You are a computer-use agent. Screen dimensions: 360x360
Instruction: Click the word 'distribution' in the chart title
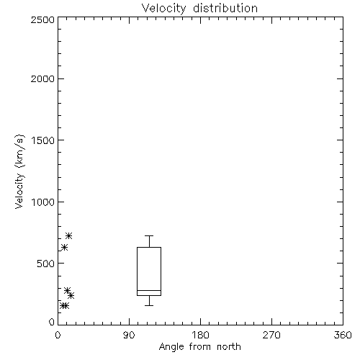(x=225, y=8)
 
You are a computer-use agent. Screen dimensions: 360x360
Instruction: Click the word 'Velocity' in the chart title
(x=164, y=9)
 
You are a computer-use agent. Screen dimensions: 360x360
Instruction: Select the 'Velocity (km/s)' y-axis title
(x=19, y=171)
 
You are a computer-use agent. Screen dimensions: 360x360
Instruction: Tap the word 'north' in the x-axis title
(x=229, y=346)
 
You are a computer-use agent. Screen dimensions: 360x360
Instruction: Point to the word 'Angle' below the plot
(x=171, y=347)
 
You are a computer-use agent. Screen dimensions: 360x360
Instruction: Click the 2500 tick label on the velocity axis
(x=42, y=19)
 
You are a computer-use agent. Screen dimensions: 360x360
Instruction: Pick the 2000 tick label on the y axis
(x=42, y=78)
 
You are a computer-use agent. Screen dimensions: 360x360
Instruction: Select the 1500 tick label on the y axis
(x=43, y=140)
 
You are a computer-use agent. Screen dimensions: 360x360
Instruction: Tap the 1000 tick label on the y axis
(x=43, y=202)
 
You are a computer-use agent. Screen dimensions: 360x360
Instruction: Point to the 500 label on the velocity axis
(x=46, y=264)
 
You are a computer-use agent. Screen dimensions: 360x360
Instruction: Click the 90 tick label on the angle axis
(x=129, y=335)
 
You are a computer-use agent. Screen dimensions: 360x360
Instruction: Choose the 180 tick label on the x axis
(x=199, y=335)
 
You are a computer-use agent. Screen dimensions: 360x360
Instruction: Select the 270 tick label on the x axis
(x=271, y=335)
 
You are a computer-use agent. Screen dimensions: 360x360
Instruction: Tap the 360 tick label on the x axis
(x=343, y=335)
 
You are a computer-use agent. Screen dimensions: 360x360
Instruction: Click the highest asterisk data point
(x=69, y=235)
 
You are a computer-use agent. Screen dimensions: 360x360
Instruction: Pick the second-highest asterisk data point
(x=64, y=247)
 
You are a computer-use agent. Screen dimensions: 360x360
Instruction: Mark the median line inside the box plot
(x=149, y=290)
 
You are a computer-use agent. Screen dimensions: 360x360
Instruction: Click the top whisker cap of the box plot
(x=149, y=235)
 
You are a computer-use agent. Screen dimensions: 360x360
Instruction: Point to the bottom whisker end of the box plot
(x=149, y=305)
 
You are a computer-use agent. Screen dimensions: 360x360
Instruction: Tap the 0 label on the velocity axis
(x=52, y=322)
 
